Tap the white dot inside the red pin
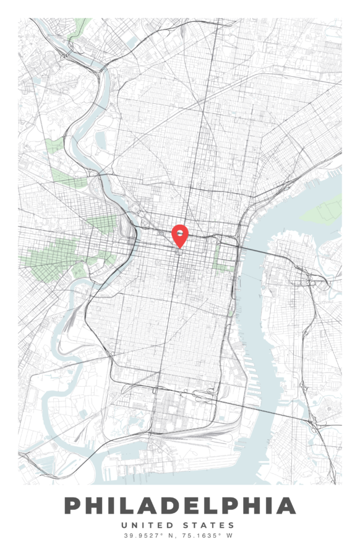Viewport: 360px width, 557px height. tap(179, 233)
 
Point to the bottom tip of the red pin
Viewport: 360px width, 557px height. tap(179, 249)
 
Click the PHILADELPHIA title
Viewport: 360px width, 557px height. tap(180, 506)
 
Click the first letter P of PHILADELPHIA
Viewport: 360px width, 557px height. tap(73, 506)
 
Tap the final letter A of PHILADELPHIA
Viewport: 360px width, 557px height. tap(286, 506)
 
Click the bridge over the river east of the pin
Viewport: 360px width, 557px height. tap(253, 246)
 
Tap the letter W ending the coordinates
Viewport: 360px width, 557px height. tap(230, 536)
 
